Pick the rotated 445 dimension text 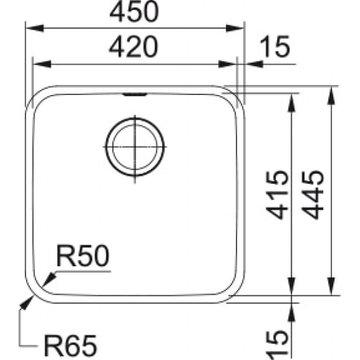(x=315, y=194)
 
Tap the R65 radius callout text (x=70, y=343)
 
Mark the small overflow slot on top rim (x=135, y=95)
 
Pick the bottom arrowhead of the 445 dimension (x=331, y=289)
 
